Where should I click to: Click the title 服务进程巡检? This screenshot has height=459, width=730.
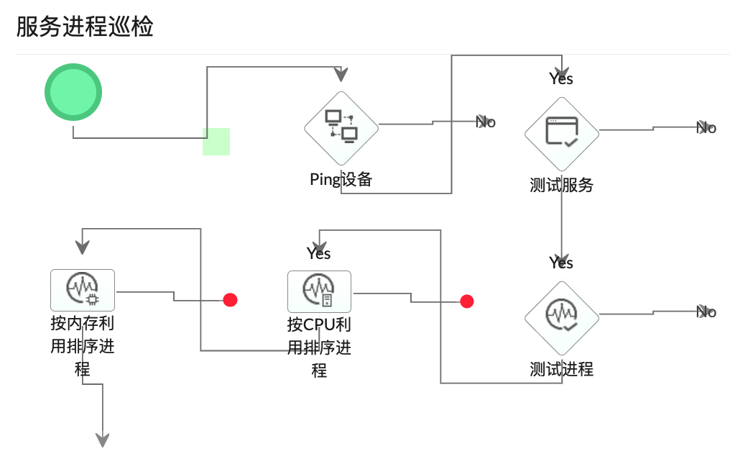[85, 27]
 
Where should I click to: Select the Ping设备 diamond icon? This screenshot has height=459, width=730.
[341, 127]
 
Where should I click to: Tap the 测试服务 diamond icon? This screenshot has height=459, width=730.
[561, 133]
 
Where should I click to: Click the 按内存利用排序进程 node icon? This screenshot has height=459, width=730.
[83, 290]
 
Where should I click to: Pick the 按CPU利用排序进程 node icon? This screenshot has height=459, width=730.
[319, 291]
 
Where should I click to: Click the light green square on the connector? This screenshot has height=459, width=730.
[216, 142]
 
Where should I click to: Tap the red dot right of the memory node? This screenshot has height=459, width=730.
[230, 300]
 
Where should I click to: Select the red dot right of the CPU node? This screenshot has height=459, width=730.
[467, 301]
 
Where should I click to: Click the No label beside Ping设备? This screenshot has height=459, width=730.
[486, 122]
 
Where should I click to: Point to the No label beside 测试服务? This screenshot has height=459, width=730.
[707, 128]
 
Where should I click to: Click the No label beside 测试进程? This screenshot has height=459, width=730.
[707, 312]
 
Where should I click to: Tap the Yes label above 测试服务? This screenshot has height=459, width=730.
[561, 78]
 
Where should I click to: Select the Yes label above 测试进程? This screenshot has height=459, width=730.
[561, 263]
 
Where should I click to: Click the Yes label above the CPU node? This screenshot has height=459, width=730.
[318, 253]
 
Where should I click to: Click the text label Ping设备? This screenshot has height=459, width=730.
[341, 179]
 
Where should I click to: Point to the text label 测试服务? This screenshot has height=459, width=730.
[561, 185]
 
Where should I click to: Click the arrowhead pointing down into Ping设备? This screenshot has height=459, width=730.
[341, 75]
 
